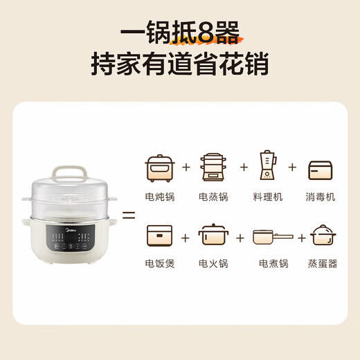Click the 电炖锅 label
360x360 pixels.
pos(160,197)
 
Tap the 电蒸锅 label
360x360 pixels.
pos(213,197)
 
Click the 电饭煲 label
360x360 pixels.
pos(160,263)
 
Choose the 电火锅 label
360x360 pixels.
pos(213,263)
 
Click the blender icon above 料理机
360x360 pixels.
pos(268,167)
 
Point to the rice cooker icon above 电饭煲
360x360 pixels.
pos(159,236)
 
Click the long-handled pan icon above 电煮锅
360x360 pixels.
pos(269,237)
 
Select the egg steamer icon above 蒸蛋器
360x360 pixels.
pos(323,236)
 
